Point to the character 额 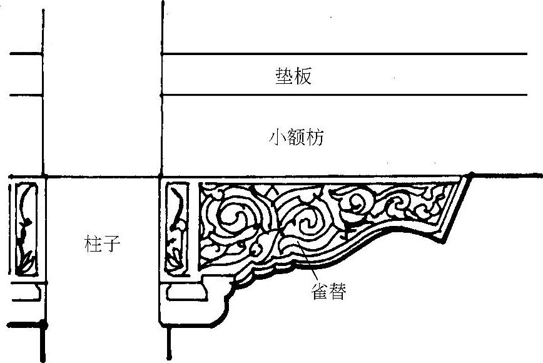297,138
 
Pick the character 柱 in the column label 92,243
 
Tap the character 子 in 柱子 110,243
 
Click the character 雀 319,292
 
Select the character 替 337,292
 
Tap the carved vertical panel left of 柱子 24,228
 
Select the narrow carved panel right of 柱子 177,228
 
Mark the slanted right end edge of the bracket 457,210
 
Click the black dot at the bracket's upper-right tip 472,176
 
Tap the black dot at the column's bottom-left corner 43,324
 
